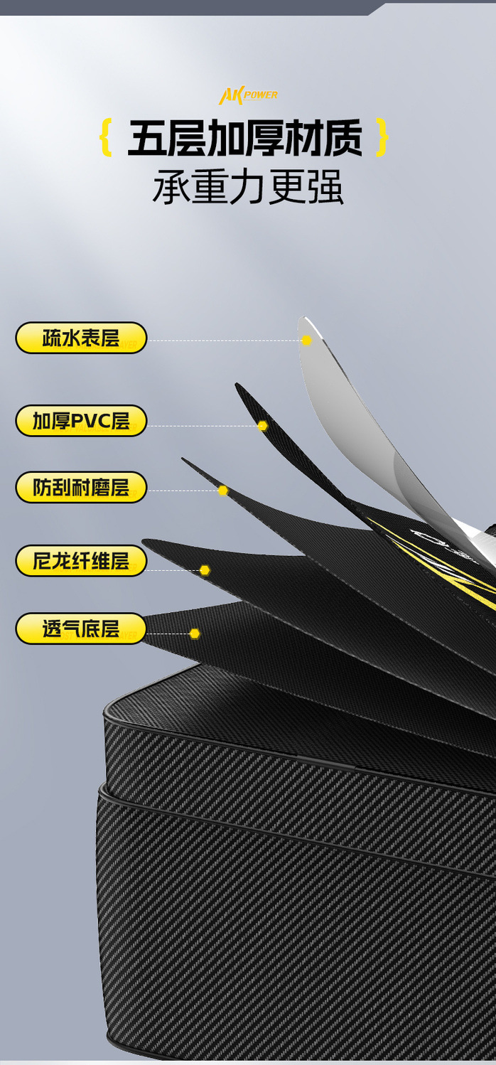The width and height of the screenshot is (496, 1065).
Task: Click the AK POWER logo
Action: (x=248, y=95)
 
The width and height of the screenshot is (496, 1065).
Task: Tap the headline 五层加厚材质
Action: (x=244, y=138)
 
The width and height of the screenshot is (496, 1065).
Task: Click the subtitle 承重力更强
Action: (x=248, y=188)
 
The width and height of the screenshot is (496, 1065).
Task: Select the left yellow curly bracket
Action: (x=107, y=138)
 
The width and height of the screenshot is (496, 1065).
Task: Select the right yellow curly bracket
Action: (x=382, y=138)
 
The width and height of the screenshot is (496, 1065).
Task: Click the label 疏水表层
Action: (x=81, y=338)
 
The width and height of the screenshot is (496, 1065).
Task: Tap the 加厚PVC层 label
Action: (x=81, y=421)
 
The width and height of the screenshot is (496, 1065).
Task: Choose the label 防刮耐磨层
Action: (x=81, y=488)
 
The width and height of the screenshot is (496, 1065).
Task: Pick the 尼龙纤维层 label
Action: (x=81, y=561)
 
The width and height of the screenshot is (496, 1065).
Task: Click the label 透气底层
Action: (x=81, y=629)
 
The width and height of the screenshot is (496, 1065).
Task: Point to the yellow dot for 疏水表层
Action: (x=306, y=341)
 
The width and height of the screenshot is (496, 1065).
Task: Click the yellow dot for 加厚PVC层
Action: (x=262, y=426)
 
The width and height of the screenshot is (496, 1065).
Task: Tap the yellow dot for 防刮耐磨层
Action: (x=222, y=491)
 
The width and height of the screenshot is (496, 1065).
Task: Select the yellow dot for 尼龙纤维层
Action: (x=205, y=570)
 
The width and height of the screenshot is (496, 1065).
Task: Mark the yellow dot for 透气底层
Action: (x=194, y=633)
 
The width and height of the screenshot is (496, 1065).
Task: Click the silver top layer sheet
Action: (x=355, y=419)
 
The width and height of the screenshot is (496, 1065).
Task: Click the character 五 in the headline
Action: (x=147, y=138)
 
